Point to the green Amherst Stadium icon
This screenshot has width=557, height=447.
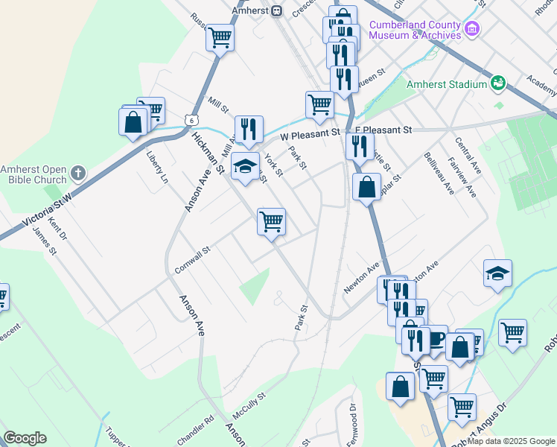tap(497, 83)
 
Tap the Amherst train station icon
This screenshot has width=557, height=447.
tap(276, 10)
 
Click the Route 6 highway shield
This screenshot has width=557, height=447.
tap(192, 120)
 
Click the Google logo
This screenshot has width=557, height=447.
tap(25, 438)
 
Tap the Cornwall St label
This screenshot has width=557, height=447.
tap(193, 259)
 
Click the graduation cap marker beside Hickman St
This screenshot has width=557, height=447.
tap(244, 166)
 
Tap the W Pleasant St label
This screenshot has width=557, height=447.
tap(310, 134)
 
